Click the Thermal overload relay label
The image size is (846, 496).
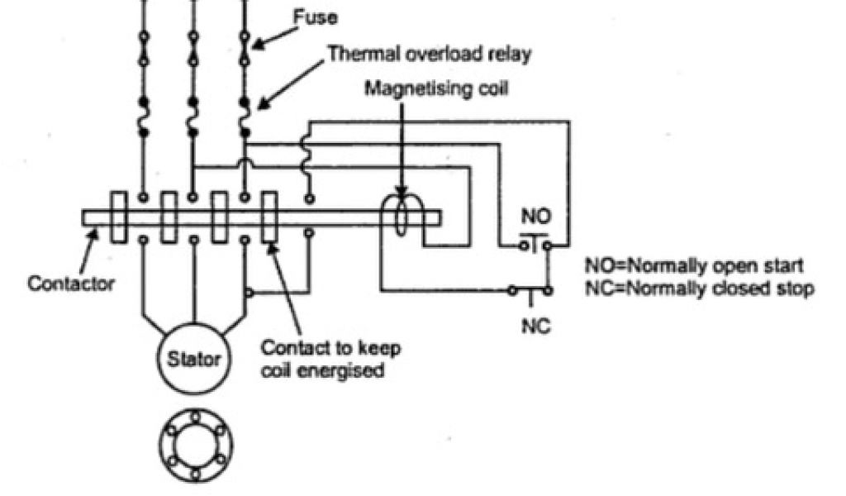(x=429, y=55)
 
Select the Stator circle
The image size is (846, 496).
(x=195, y=360)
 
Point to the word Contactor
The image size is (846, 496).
(x=71, y=284)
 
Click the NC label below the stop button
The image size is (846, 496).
(x=534, y=326)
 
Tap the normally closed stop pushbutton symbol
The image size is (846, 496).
(x=530, y=290)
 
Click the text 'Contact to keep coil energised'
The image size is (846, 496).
(x=330, y=359)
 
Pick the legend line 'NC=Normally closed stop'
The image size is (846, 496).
(x=699, y=289)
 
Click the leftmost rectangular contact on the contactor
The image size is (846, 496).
(x=118, y=217)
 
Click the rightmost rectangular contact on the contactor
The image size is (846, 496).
(x=269, y=217)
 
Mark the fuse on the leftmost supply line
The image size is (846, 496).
(x=144, y=49)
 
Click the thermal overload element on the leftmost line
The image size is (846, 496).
(x=144, y=116)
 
